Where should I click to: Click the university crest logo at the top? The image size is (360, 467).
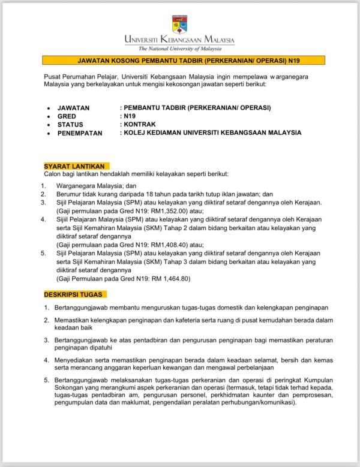click(x=179, y=25)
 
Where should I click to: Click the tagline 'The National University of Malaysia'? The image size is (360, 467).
click(x=180, y=49)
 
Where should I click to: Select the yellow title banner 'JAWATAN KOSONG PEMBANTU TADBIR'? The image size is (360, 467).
click(x=180, y=61)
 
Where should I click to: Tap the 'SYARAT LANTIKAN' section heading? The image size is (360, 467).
click(x=75, y=165)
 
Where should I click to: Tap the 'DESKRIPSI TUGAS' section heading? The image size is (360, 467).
click(x=75, y=294)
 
